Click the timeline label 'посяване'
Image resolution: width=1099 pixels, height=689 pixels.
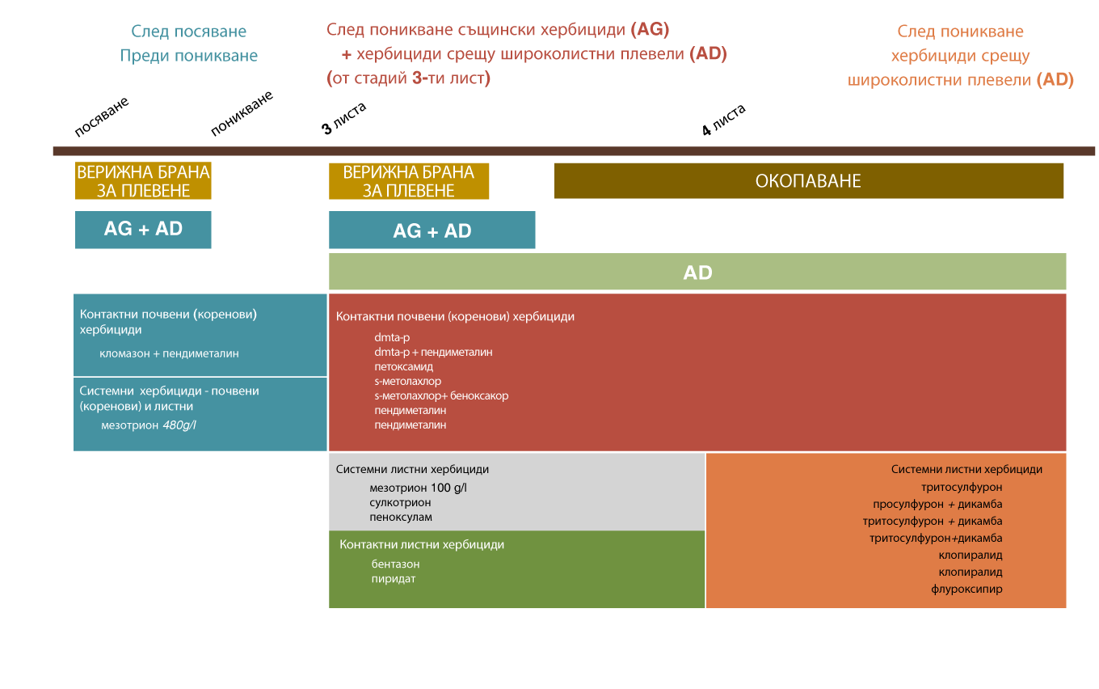coord(102,116)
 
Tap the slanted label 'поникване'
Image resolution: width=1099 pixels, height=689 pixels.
coord(242,113)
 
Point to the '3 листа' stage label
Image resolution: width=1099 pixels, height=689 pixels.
coord(344,118)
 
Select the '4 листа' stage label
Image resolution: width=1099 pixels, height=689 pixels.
coord(724,120)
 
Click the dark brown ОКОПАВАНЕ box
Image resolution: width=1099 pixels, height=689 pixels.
coord(809,180)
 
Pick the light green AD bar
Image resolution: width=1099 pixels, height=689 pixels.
coord(697,272)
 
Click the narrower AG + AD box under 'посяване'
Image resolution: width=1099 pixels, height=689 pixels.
coord(143,230)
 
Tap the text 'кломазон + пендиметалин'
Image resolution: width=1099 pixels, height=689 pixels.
coord(169,353)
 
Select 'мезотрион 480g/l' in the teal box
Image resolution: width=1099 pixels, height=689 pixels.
coord(149,425)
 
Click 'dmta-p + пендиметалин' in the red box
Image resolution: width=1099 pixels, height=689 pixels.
coord(433,352)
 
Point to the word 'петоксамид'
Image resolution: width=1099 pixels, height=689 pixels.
coord(403,367)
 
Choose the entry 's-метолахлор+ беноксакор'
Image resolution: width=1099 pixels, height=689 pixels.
coord(441,395)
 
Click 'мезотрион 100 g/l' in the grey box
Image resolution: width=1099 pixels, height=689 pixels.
coord(418,488)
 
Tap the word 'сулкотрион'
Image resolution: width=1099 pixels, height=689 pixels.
coord(400,503)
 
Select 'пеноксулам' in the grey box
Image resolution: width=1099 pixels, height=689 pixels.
coord(400,517)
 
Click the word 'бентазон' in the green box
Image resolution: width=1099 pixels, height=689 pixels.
coord(395,564)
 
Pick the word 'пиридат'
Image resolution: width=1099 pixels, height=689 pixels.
coord(393,579)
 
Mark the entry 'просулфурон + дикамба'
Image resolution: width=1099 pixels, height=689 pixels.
coord(937,505)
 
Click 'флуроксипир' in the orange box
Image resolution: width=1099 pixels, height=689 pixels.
coord(966,590)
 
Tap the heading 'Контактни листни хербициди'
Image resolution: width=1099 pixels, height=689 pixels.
coord(422,544)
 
